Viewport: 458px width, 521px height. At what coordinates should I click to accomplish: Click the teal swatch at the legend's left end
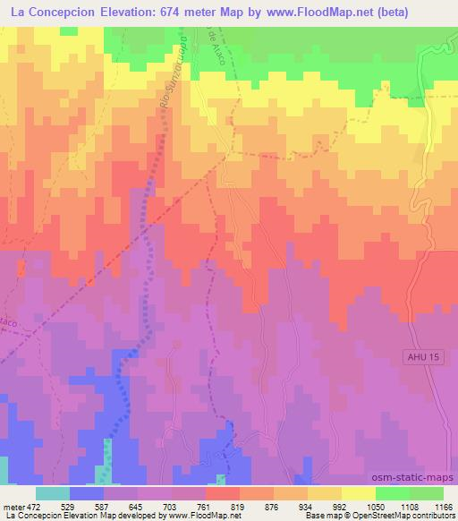tap(53, 493)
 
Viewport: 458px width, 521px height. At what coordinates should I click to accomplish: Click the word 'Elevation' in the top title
tap(153, 13)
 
